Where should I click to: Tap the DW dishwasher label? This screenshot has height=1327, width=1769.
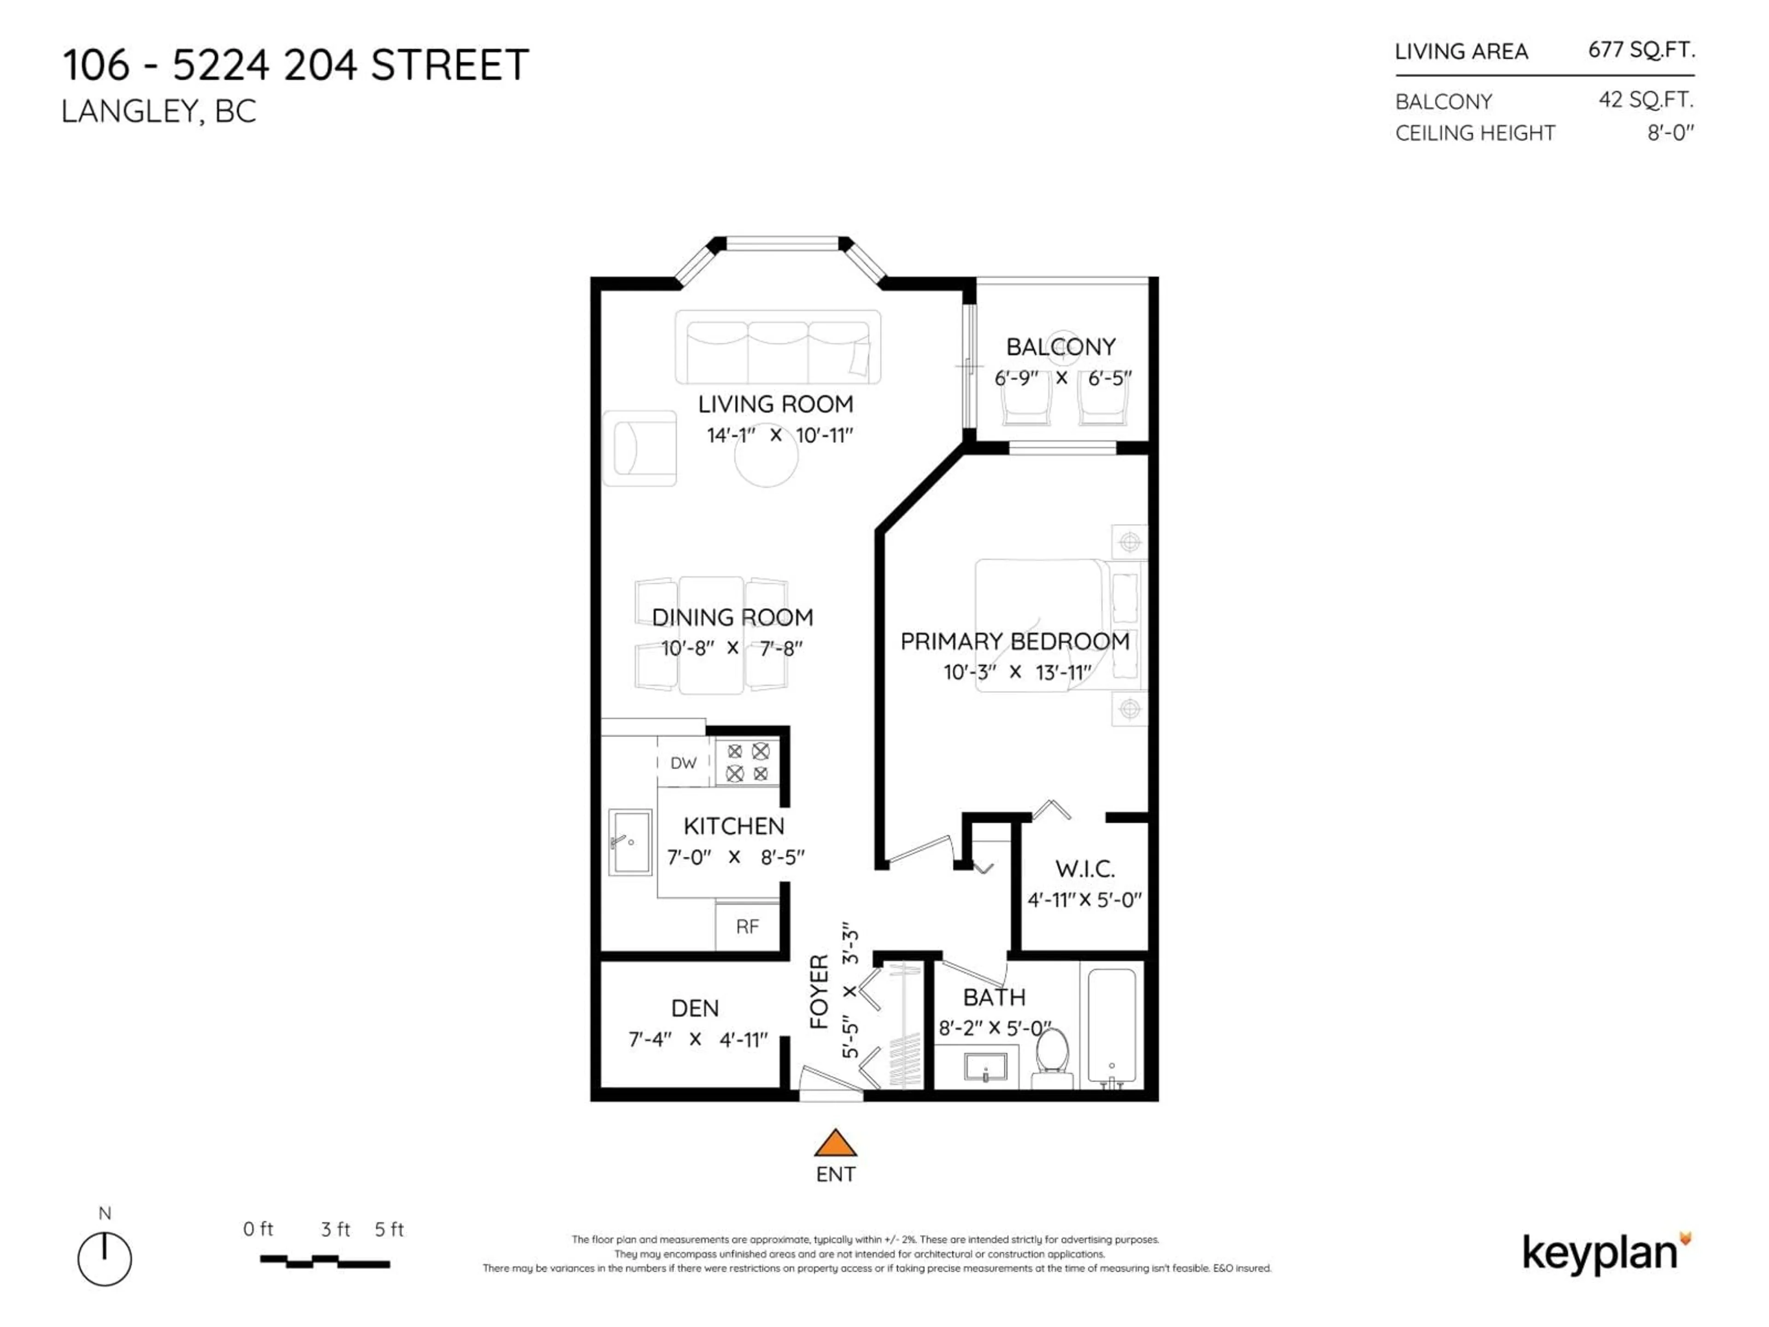[x=683, y=763]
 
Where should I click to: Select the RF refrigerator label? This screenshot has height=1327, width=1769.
[x=747, y=926]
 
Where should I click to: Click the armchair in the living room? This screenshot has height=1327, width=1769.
[x=640, y=449]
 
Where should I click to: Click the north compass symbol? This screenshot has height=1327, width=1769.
[x=105, y=1258]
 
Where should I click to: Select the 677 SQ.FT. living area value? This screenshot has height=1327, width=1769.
[x=1641, y=50]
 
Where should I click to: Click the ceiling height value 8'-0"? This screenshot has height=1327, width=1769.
[x=1670, y=133]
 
